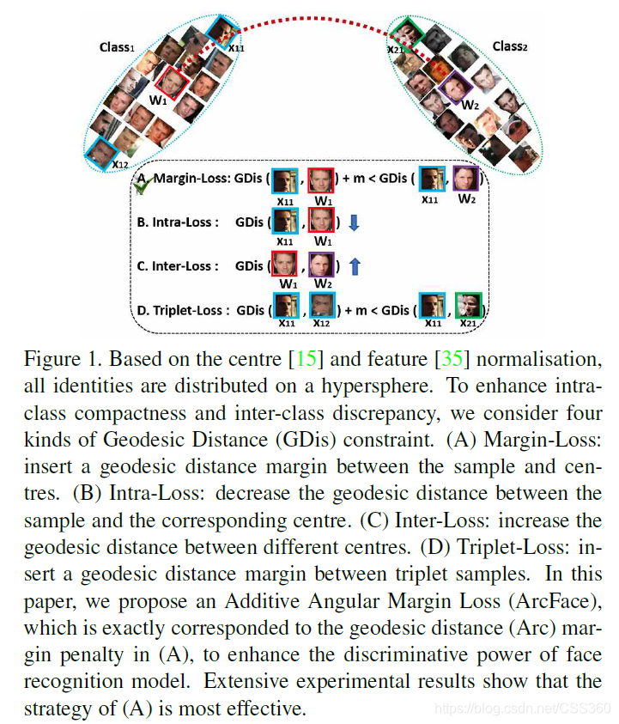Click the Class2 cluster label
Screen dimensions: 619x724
[509, 46]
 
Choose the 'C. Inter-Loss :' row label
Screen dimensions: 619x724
[178, 266]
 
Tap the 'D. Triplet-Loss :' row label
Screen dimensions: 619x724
[183, 310]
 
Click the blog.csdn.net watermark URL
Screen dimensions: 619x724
[522, 708]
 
